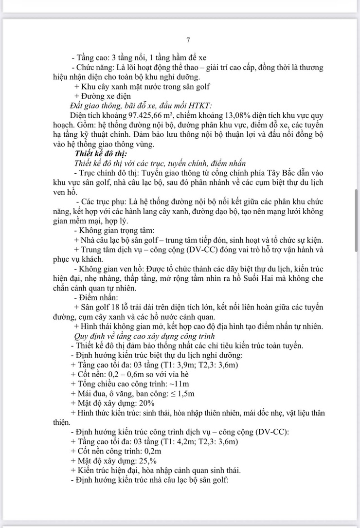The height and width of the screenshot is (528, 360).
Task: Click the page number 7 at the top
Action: [188, 40]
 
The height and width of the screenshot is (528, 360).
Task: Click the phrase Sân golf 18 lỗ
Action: [106, 307]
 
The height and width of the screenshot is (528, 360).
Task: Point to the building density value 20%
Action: [146, 403]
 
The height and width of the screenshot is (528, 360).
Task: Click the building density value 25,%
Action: [147, 461]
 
